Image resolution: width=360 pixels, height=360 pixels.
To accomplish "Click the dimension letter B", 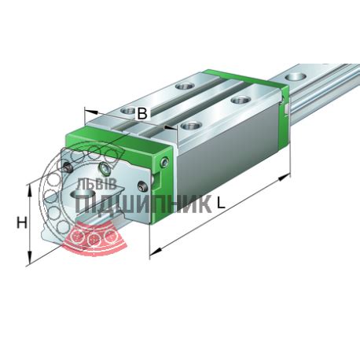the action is click(142, 113).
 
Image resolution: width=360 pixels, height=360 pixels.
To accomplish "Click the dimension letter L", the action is click(221, 203).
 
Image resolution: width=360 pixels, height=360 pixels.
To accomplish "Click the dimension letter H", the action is click(22, 223).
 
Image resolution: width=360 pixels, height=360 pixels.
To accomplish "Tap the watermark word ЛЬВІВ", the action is click(96, 184).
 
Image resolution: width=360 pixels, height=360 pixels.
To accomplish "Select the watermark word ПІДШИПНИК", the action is click(143, 204).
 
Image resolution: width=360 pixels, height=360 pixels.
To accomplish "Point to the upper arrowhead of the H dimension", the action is click(30, 190).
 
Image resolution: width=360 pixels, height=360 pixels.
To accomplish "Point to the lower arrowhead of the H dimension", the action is click(30, 257).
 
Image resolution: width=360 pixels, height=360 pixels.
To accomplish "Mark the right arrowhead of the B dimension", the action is click(171, 127).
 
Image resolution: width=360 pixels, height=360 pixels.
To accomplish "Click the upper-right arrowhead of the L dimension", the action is click(284, 177).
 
